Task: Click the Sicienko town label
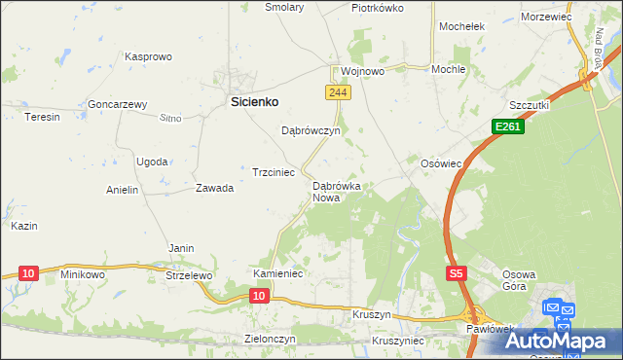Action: [x=254, y=100]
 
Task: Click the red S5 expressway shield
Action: [x=457, y=275]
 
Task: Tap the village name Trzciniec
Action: [x=274, y=172]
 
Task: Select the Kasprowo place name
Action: [x=148, y=57]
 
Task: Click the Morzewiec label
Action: [x=546, y=18]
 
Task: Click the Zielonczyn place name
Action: [x=269, y=339]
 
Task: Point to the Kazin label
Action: [x=24, y=226]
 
